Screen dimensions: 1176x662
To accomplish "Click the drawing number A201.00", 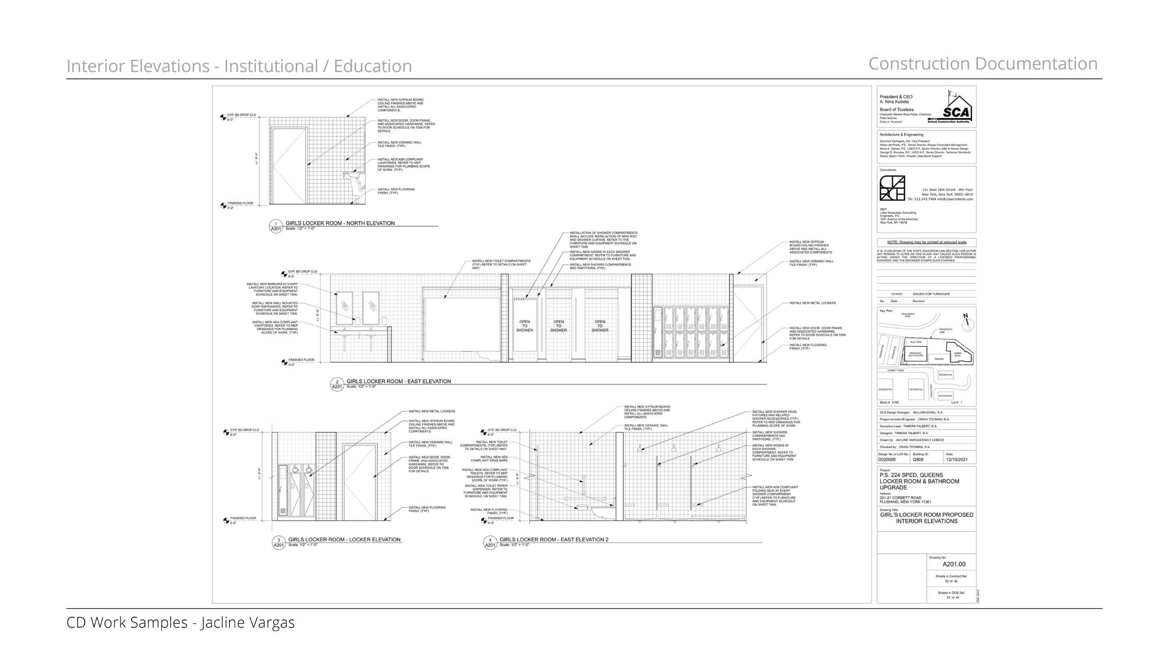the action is (953, 564).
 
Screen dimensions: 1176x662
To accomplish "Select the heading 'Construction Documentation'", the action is (982, 64).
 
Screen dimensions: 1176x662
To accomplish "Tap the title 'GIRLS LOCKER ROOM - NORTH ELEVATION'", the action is (340, 223).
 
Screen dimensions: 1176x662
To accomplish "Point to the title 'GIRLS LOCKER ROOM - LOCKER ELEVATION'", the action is (344, 539).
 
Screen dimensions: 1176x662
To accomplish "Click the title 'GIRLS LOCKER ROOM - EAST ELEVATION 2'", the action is (553, 539).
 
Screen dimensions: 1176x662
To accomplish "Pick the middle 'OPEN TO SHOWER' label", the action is (558, 326).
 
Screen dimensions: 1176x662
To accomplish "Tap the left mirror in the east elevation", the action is (344, 308).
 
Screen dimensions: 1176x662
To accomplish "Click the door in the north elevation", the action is (289, 166).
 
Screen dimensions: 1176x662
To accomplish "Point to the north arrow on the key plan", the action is (967, 323).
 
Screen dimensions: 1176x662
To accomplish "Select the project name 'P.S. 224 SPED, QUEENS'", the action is (911, 475).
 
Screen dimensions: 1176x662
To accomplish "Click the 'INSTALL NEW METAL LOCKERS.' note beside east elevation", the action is (813, 303).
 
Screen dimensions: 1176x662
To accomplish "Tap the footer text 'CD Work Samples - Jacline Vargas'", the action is (180, 622).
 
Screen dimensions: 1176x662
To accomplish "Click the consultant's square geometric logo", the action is (892, 188).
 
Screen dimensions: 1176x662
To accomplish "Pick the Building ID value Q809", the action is (918, 460).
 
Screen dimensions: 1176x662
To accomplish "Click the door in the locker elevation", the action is (360, 482).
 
